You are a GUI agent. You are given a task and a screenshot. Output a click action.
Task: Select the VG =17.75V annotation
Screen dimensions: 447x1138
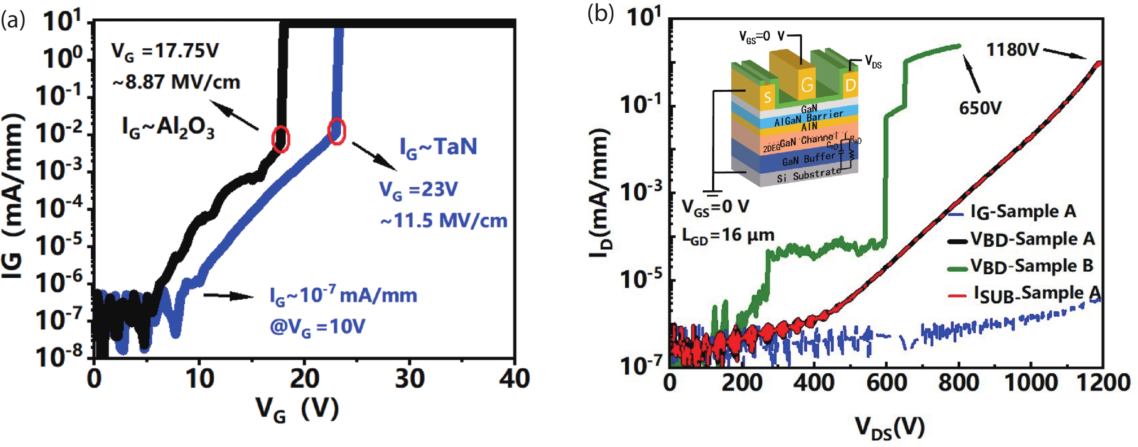165,52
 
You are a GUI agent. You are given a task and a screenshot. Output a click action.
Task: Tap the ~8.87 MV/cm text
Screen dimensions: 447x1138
176,83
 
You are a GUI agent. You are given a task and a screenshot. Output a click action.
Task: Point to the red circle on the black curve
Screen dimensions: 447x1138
280,139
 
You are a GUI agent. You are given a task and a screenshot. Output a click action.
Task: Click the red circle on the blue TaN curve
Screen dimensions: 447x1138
337,131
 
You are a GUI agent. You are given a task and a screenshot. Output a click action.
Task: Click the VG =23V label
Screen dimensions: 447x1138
418,190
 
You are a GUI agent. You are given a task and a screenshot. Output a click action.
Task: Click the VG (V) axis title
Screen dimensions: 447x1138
298,409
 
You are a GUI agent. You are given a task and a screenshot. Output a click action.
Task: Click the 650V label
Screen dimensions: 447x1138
980,108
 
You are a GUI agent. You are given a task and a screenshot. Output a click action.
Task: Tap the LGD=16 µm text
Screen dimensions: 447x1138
728,236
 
